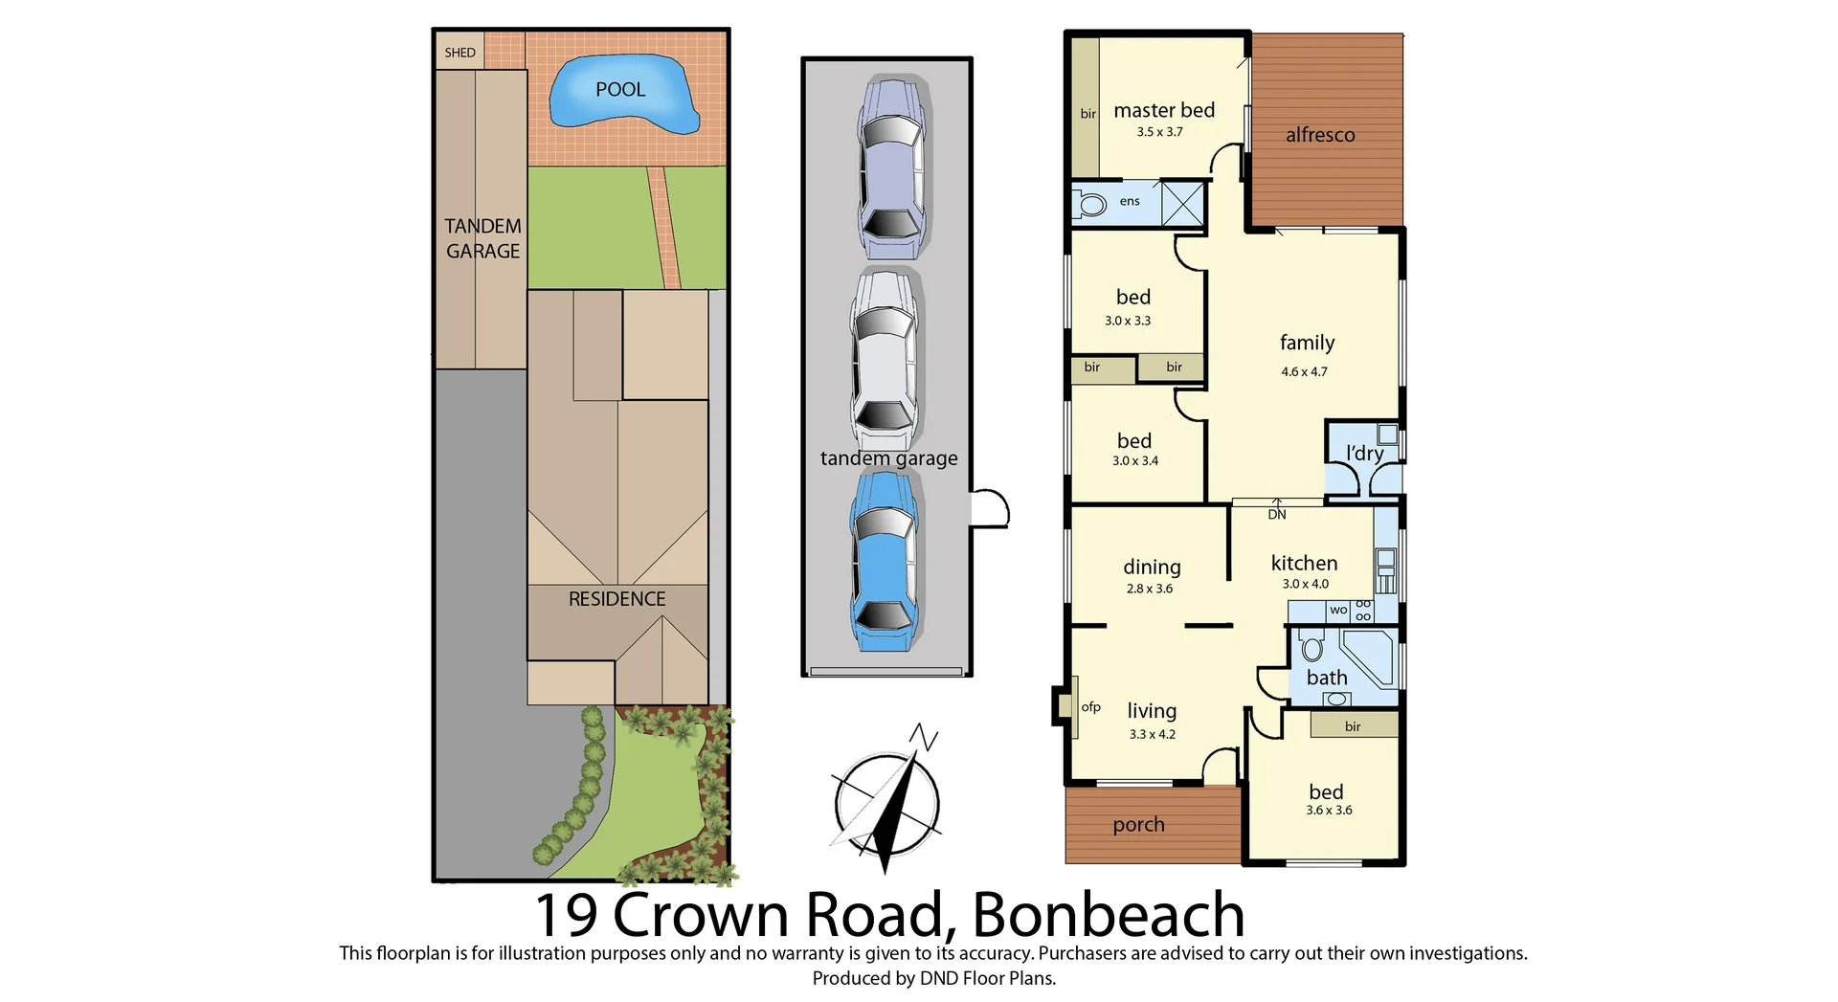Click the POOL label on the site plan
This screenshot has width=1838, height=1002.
pyautogui.click(x=620, y=90)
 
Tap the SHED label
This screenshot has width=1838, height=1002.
pyautogui.click(x=459, y=53)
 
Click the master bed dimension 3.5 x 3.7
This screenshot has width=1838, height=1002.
pyautogui.click(x=1159, y=132)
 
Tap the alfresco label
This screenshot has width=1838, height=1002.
pyautogui.click(x=1320, y=135)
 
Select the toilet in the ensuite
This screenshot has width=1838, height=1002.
pyautogui.click(x=1091, y=203)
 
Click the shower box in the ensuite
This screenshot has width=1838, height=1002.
pyautogui.click(x=1182, y=203)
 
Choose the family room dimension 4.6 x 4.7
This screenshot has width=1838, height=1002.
pyautogui.click(x=1304, y=372)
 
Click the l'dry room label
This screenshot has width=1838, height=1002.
pyautogui.click(x=1364, y=453)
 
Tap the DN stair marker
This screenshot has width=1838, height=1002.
pyautogui.click(x=1277, y=514)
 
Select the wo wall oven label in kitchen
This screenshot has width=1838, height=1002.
pyautogui.click(x=1338, y=610)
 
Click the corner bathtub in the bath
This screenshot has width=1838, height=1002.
pyautogui.click(x=1368, y=656)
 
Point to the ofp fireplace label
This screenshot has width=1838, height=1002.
pyautogui.click(x=1090, y=707)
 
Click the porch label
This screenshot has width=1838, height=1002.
pyautogui.click(x=1138, y=825)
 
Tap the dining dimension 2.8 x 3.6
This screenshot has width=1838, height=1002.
pyautogui.click(x=1149, y=589)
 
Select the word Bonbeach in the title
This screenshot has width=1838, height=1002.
pyautogui.click(x=1109, y=915)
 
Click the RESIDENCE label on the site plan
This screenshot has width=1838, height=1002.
pyautogui.click(x=616, y=599)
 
